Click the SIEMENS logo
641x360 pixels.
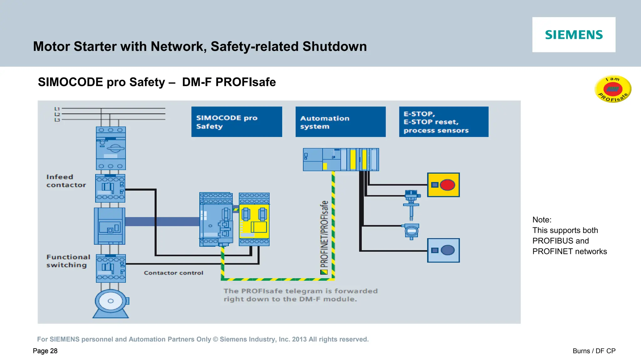pyautogui.click(x=574, y=35)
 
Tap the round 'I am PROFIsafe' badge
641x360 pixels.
pyautogui.click(x=613, y=89)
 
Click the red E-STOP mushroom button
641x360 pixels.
pyautogui.click(x=447, y=185)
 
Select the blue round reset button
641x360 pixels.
pyautogui.click(x=448, y=250)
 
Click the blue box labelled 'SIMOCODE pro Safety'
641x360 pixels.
pyautogui.click(x=237, y=122)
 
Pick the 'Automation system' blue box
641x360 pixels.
pyautogui.click(x=341, y=122)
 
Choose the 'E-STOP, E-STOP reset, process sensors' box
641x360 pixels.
pyautogui.click(x=444, y=122)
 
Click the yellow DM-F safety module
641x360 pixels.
pyautogui.click(x=254, y=220)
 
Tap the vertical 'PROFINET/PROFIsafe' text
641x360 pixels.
pyautogui.click(x=324, y=235)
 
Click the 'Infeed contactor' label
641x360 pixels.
pyautogui.click(x=66, y=181)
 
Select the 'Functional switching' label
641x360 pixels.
pyautogui.click(x=68, y=261)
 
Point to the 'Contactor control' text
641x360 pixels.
pyautogui.click(x=173, y=273)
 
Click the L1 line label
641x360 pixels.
pyautogui.click(x=57, y=109)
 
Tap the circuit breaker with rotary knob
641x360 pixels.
pyautogui.click(x=111, y=148)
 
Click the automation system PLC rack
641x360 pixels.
pyautogui.click(x=341, y=160)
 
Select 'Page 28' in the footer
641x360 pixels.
pyautogui.click(x=45, y=351)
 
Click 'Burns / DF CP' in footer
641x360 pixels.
pyautogui.click(x=594, y=351)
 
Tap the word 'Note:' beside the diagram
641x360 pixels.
pyautogui.click(x=542, y=220)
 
